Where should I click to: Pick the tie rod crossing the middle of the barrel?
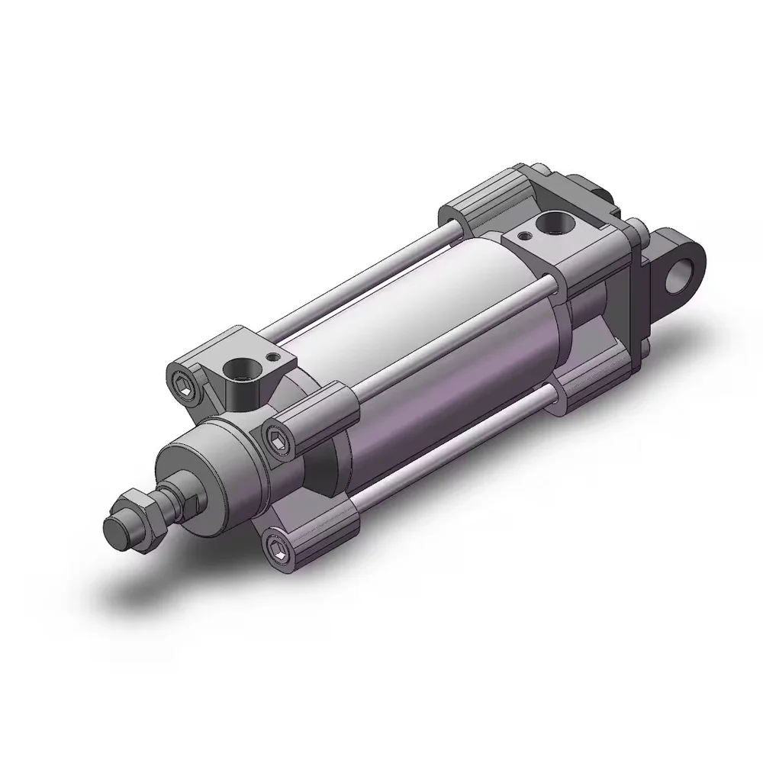pyautogui.click(x=450, y=336)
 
